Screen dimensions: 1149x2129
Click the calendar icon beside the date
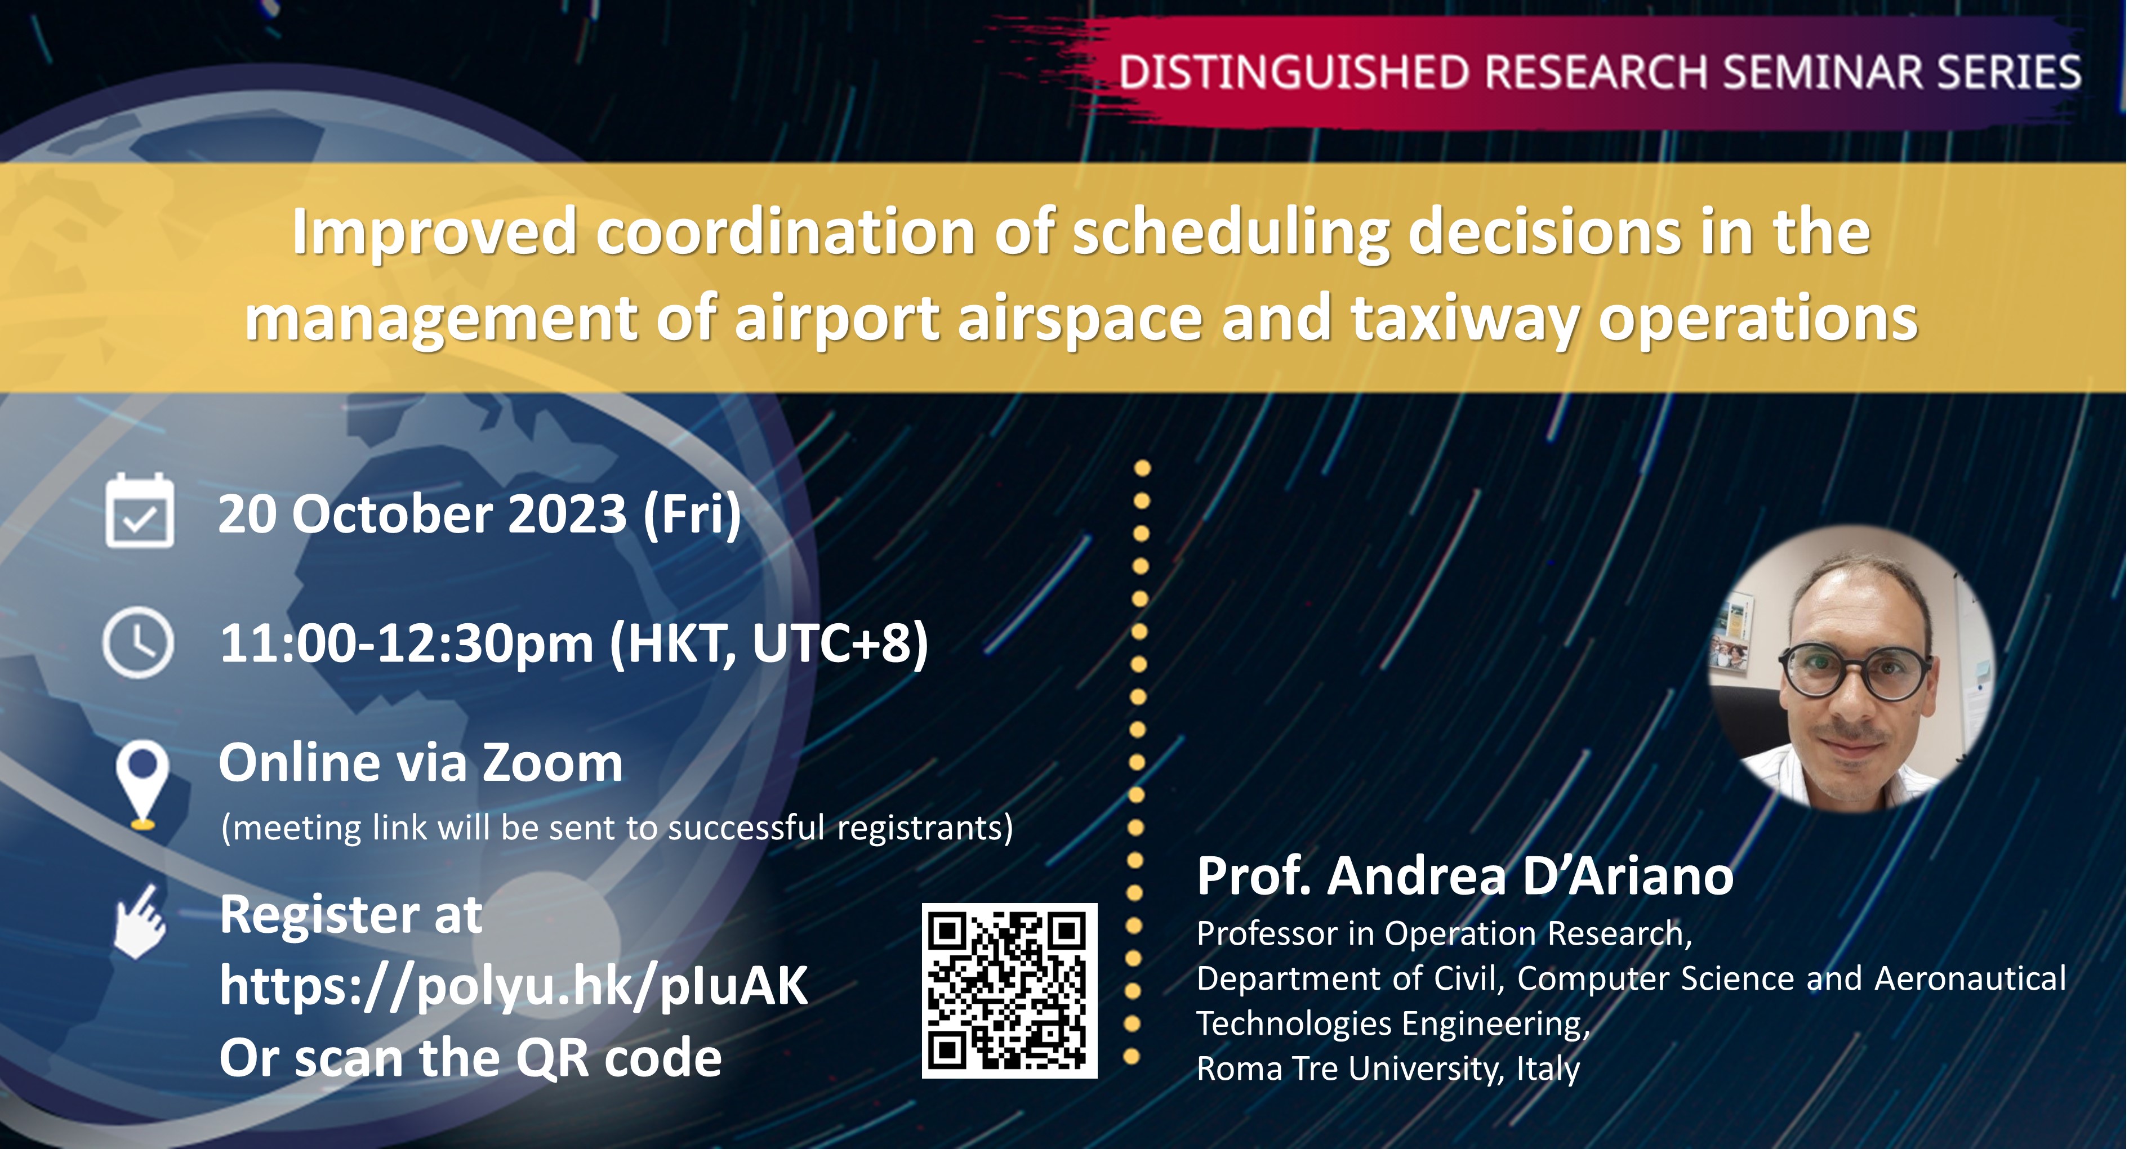(140, 511)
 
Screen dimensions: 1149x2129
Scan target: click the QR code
(1009, 990)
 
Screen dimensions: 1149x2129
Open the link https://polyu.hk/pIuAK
(513, 985)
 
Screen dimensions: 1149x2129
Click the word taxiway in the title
(1464, 319)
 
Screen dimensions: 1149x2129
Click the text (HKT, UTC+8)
(769, 643)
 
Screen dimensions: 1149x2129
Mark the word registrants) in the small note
(925, 828)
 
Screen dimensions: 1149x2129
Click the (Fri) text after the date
(692, 514)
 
